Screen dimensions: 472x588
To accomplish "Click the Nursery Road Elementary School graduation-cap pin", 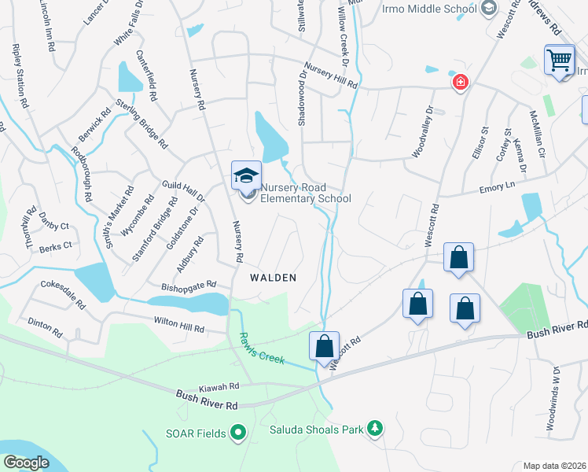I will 245,175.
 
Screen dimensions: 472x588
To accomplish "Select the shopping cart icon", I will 558,60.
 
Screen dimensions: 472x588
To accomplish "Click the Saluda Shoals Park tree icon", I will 376,429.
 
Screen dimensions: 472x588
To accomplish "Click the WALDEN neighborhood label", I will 273,278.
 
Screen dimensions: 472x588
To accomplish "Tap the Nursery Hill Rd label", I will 330,76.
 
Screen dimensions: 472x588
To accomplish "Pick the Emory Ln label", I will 498,186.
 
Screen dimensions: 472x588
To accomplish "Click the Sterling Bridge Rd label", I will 142,123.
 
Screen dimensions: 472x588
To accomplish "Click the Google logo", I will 27,463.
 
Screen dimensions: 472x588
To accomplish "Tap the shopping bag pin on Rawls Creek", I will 323,347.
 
